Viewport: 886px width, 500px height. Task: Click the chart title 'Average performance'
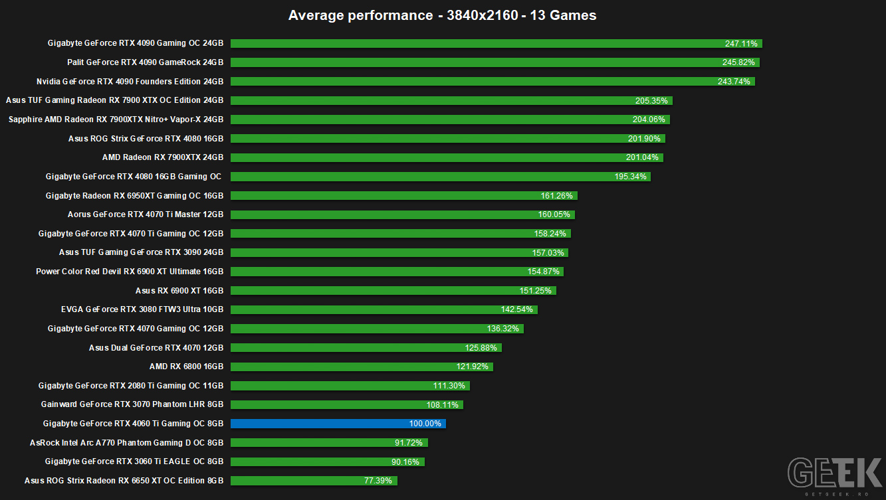point(360,15)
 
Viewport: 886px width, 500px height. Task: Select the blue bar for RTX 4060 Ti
point(338,424)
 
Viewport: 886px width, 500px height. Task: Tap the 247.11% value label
point(741,43)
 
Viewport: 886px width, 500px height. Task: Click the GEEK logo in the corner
point(835,473)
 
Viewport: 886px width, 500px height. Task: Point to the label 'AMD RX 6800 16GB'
point(186,367)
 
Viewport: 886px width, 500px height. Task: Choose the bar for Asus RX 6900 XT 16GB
point(393,291)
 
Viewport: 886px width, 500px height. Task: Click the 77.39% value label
point(378,481)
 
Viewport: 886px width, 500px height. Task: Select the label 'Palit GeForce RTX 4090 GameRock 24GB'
point(145,62)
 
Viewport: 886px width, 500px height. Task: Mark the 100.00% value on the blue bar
point(425,424)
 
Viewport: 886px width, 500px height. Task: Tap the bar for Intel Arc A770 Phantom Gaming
point(329,443)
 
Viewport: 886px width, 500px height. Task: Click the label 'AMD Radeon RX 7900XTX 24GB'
point(163,157)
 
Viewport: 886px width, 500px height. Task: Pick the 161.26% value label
point(556,196)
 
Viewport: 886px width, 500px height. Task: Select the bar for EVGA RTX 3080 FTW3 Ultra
point(384,309)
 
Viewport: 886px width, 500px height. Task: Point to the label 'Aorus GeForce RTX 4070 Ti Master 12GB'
point(146,214)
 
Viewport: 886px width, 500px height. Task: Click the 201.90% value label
point(644,139)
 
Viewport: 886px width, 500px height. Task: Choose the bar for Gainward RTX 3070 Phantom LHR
point(347,405)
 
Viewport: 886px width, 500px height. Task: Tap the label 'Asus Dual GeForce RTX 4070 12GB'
point(156,348)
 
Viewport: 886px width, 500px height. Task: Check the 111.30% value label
point(449,386)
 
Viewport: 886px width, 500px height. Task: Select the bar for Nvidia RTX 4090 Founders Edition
point(493,82)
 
